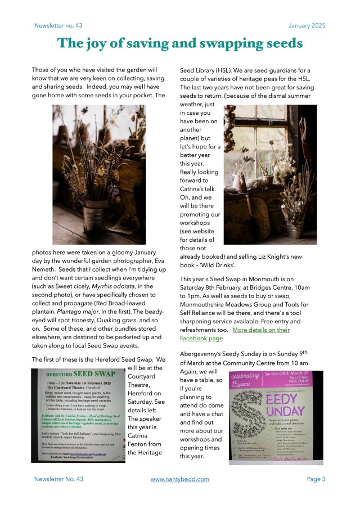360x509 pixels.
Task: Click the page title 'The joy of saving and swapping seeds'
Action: click(x=180, y=43)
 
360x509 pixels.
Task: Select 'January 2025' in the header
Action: click(x=307, y=26)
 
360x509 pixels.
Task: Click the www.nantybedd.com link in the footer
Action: click(x=180, y=479)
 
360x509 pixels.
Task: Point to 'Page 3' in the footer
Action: click(x=316, y=479)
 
